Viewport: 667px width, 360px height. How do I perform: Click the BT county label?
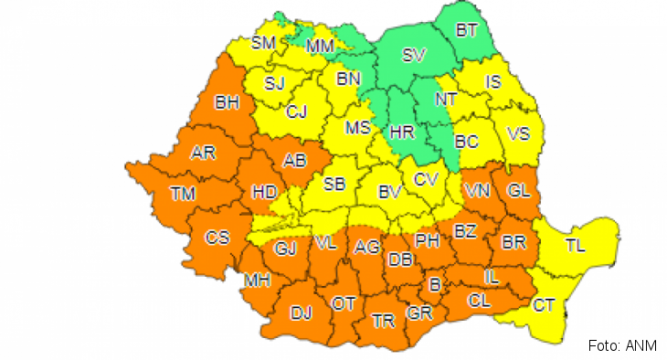467,30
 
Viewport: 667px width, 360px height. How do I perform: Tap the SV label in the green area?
414,56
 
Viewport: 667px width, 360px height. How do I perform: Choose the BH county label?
226,103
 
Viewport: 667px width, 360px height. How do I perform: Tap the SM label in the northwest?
264,42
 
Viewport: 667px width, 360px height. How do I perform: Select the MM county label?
320,45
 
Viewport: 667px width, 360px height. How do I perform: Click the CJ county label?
297,112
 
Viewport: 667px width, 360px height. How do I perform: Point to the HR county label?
402,132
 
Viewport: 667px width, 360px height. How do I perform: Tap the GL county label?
519,190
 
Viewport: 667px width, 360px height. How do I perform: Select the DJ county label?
301,312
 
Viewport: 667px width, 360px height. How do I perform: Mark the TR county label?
384,321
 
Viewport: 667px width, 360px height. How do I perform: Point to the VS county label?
518,133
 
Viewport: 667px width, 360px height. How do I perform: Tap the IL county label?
490,275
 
